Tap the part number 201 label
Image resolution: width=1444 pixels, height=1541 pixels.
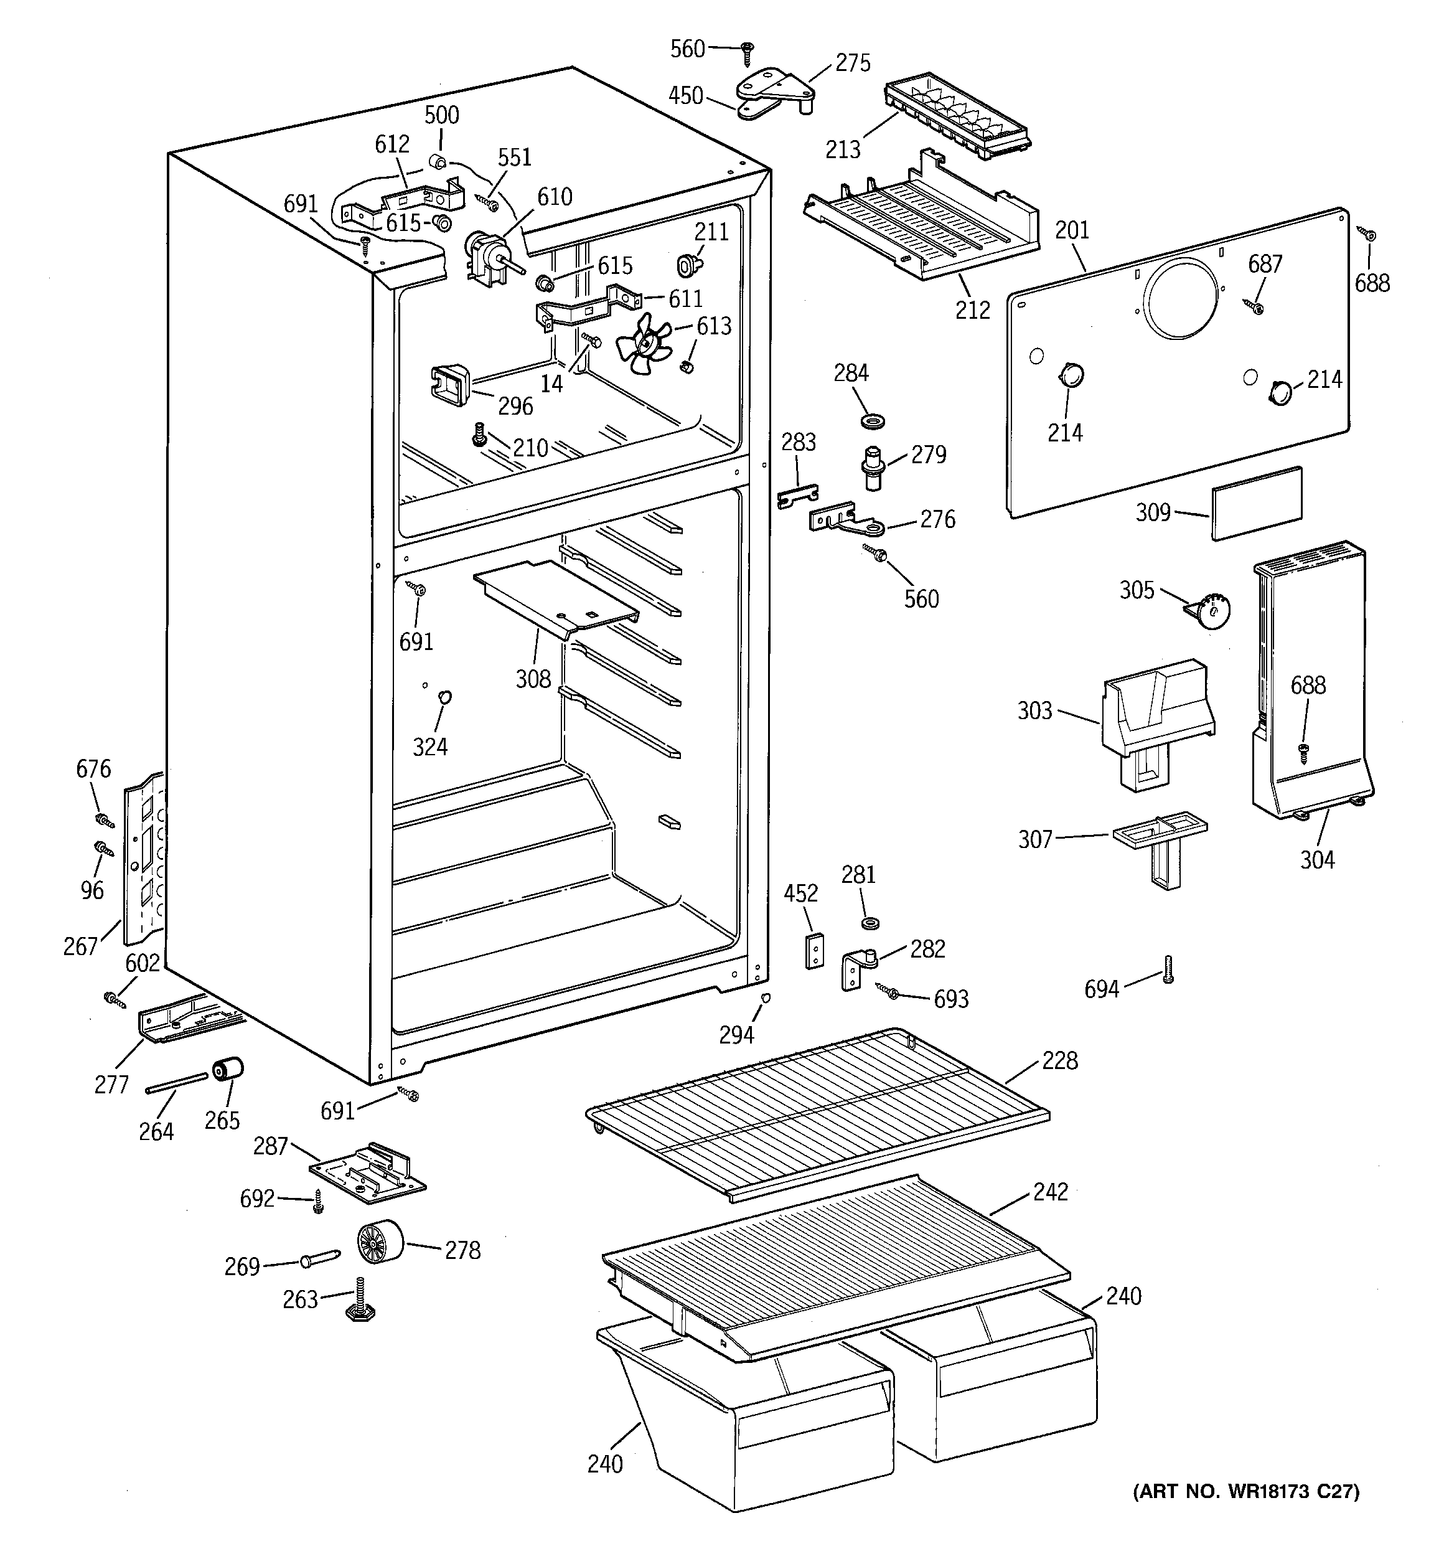point(1072,230)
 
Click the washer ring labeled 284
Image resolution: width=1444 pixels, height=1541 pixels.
point(873,422)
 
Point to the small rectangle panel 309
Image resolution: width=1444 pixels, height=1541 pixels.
point(1257,502)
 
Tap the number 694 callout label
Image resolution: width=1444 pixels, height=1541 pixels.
point(1102,989)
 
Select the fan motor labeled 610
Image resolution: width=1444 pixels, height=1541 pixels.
point(485,257)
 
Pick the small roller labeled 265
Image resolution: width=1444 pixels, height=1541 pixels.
point(228,1070)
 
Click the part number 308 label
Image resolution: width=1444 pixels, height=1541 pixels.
point(533,679)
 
